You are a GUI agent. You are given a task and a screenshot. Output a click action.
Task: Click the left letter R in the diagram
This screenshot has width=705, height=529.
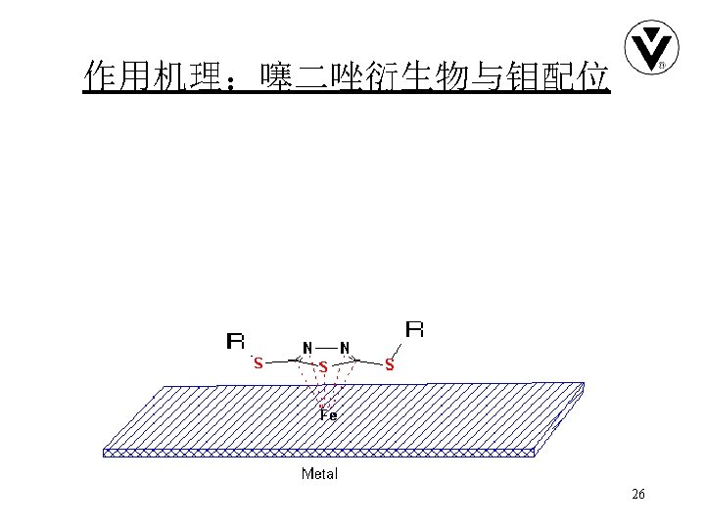(236, 342)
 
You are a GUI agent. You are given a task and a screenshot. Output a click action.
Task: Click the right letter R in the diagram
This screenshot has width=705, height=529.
(414, 329)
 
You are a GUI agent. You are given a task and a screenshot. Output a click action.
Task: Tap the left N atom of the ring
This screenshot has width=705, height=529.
(307, 348)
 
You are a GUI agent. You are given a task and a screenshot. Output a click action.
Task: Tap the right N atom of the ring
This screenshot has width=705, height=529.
(345, 348)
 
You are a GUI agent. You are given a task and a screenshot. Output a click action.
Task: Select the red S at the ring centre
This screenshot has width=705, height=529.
(322, 367)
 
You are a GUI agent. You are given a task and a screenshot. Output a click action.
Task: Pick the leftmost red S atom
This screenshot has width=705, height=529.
(258, 363)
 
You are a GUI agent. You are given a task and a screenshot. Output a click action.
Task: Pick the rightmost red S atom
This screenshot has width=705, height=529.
(389, 365)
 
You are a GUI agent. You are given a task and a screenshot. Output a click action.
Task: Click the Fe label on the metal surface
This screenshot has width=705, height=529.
(328, 414)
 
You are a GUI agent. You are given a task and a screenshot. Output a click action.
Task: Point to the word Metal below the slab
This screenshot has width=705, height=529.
(319, 474)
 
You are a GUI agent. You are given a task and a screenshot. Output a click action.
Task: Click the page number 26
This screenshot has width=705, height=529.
(638, 495)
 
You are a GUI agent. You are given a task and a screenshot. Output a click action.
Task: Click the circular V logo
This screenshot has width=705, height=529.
(650, 47)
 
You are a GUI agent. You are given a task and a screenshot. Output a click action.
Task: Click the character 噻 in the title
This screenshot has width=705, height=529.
(274, 74)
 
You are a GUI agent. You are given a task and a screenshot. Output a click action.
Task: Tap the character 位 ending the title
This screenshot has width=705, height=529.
(593, 74)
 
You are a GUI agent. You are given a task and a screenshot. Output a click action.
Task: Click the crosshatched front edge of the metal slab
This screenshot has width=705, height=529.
(318, 453)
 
